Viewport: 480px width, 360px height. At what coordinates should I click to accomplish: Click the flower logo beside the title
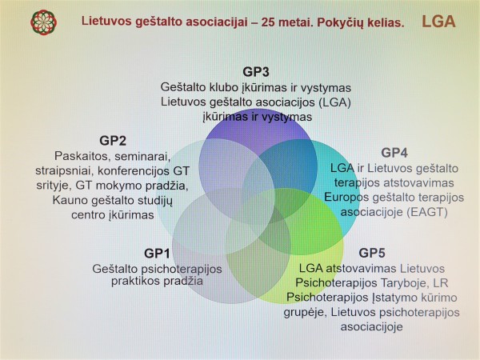(43, 22)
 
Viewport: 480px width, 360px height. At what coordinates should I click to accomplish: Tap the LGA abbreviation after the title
(438, 22)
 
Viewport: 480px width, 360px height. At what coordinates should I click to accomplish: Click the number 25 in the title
(267, 22)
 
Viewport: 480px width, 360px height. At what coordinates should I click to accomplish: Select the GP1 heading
(157, 254)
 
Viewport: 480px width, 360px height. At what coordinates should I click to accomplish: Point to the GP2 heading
(113, 141)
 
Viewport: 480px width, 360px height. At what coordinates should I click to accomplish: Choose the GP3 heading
(256, 72)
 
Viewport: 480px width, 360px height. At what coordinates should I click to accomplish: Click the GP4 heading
(394, 153)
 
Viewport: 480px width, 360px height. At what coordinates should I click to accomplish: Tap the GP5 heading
(372, 253)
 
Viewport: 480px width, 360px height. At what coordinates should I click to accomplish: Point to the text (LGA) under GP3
(334, 102)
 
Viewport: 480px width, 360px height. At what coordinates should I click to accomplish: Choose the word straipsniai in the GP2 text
(65, 171)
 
